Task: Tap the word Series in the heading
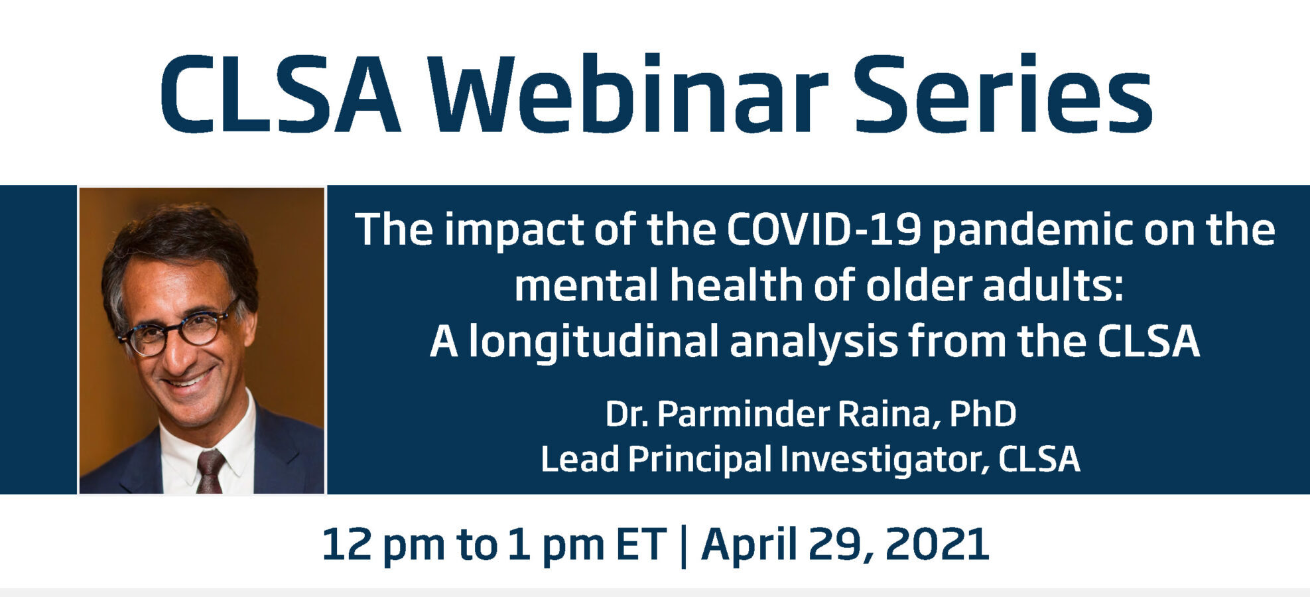1003,94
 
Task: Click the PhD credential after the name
983,414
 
